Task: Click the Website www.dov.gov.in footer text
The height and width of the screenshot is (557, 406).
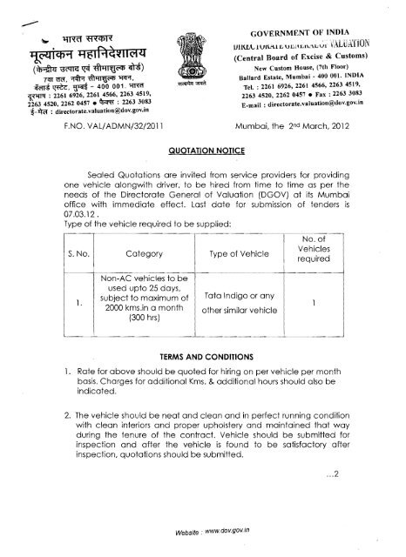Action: (201, 536)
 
